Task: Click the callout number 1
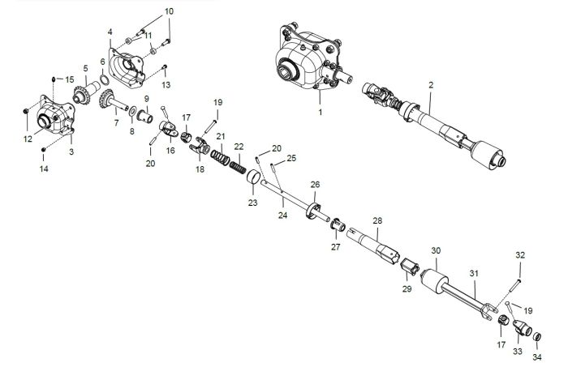(320, 112)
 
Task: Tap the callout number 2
(431, 84)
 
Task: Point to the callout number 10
(169, 11)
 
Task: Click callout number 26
(315, 184)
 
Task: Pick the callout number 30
(436, 250)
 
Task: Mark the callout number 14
(44, 169)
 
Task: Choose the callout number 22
(239, 146)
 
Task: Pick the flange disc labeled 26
(312, 211)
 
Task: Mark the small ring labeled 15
(54, 78)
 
